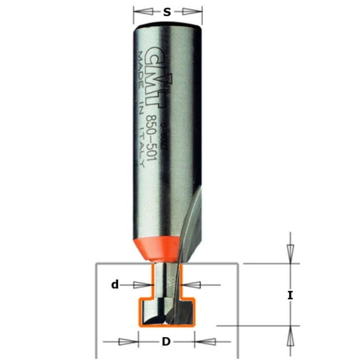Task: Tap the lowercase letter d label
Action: (x=115, y=285)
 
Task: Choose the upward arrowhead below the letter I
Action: (x=289, y=337)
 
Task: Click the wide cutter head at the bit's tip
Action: (x=166, y=312)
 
